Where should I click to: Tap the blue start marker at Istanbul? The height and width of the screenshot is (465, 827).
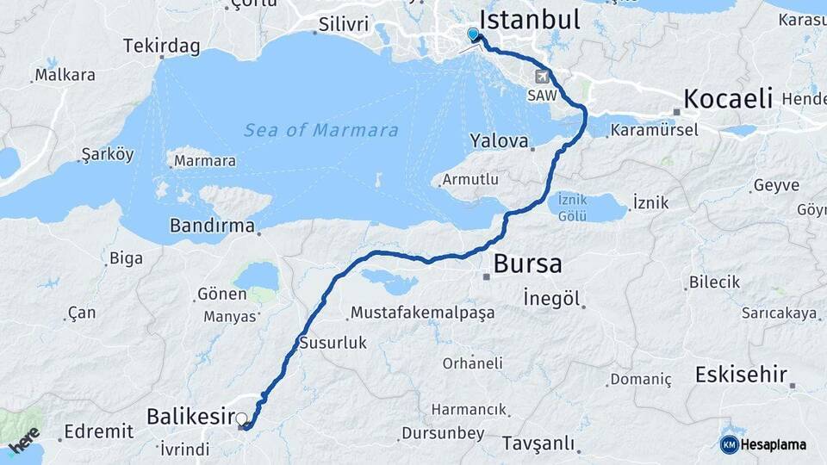(473, 34)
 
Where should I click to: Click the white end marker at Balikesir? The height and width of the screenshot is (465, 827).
(242, 419)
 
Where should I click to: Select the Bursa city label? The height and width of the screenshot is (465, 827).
(527, 263)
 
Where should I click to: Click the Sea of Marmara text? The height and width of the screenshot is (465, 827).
(320, 131)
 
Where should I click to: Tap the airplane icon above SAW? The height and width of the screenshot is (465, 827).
(543, 76)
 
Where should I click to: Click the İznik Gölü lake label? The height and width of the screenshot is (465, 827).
(572, 206)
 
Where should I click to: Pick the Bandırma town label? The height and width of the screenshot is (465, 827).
(212, 227)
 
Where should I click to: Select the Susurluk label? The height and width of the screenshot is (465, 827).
(333, 343)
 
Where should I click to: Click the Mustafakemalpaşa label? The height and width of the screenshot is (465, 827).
(422, 313)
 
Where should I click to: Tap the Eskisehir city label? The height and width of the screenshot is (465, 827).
(741, 375)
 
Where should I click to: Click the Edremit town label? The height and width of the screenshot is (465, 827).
(98, 431)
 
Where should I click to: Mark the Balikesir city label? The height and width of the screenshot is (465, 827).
(190, 418)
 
